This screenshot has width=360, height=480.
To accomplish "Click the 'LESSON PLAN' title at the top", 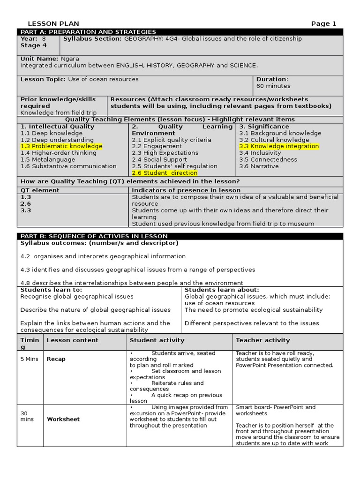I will point(53,24).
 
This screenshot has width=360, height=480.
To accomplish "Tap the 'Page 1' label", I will point(324,24).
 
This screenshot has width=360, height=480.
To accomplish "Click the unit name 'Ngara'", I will point(69,59).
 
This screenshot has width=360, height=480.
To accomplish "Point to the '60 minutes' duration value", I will point(273,86).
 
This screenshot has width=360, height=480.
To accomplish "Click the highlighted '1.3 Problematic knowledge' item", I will point(61,146).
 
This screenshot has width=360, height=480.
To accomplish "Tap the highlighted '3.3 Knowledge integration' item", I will point(279,146).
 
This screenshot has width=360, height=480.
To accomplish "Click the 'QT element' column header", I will point(40,190).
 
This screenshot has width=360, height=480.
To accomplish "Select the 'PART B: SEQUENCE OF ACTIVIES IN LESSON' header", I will point(94,236).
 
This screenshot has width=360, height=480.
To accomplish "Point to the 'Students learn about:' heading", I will point(222,290).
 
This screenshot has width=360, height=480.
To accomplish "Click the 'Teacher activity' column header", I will point(262,340).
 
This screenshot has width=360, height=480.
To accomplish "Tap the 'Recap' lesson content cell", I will point(56,359).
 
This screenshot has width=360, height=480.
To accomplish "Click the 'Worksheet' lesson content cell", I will point(63,420).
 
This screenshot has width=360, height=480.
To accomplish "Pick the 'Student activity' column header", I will point(157,340).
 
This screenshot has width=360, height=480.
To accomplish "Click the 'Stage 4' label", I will point(34,45).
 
